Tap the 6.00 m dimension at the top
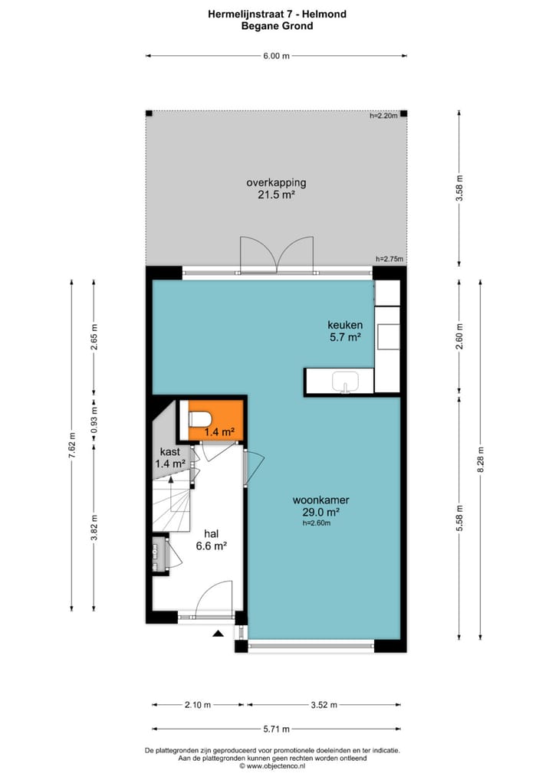click(276, 56)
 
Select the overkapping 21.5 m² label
click(276, 188)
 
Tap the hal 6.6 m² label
click(215, 539)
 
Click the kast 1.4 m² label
click(169, 457)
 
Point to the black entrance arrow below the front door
click(219, 634)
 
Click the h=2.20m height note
click(383, 116)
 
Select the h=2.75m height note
click(389, 259)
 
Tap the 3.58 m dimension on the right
click(459, 188)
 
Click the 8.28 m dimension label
click(481, 460)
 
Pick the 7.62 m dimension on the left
click(71, 446)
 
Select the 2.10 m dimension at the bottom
click(199, 705)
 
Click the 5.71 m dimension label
click(277, 729)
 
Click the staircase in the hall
click(171, 502)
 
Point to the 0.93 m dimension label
click(94, 421)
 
